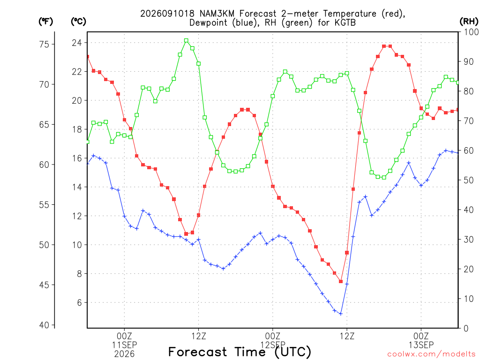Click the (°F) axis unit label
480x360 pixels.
click(x=45, y=22)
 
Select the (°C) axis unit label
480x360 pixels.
click(x=78, y=22)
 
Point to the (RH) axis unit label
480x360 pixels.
click(x=469, y=22)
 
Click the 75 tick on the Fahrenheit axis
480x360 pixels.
click(x=45, y=45)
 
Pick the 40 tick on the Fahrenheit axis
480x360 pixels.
click(x=45, y=325)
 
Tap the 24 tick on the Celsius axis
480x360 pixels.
click(x=77, y=43)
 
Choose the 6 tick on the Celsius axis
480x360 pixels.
click(x=80, y=303)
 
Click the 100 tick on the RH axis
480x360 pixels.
click(x=472, y=32)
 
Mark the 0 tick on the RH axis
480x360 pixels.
click(x=466, y=329)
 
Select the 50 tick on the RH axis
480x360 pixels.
click(x=468, y=180)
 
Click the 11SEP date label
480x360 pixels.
click(x=124, y=345)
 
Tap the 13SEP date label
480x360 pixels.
click(x=421, y=345)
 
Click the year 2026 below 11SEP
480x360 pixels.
click(x=124, y=354)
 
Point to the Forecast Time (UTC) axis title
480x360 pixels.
click(x=240, y=352)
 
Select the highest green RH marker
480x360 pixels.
click(x=186, y=41)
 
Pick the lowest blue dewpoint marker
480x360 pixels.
click(x=341, y=314)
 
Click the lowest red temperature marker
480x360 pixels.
click(x=341, y=281)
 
